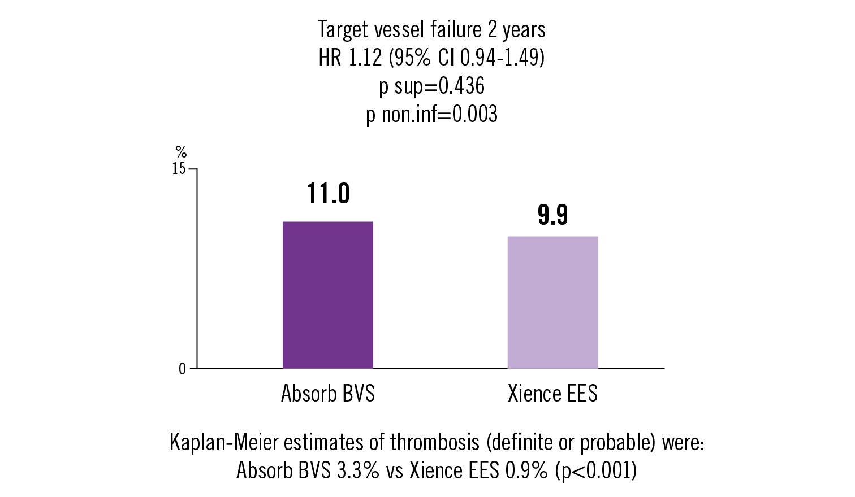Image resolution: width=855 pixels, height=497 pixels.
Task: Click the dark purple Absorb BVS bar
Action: [x=327, y=295]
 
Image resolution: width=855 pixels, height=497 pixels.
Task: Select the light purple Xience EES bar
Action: [x=552, y=302]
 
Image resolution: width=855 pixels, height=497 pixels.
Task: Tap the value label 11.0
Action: [x=329, y=194]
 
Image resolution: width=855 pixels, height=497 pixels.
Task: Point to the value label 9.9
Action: [x=552, y=215]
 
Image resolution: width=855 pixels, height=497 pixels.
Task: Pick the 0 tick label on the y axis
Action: [x=182, y=369]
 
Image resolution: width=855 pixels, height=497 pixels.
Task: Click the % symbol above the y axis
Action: [x=181, y=152]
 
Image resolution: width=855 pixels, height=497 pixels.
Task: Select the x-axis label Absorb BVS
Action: [x=328, y=394]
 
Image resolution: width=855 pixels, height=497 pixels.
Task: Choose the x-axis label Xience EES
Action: [x=552, y=394]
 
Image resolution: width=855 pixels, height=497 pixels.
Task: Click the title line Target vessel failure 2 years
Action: [x=431, y=29]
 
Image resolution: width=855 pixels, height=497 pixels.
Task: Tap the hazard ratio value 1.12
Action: [x=362, y=58]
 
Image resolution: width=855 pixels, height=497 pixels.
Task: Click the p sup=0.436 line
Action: [x=431, y=86]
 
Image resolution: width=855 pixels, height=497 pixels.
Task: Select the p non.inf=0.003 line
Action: [x=431, y=114]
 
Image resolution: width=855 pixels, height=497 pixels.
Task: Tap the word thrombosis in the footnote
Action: [x=434, y=443]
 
